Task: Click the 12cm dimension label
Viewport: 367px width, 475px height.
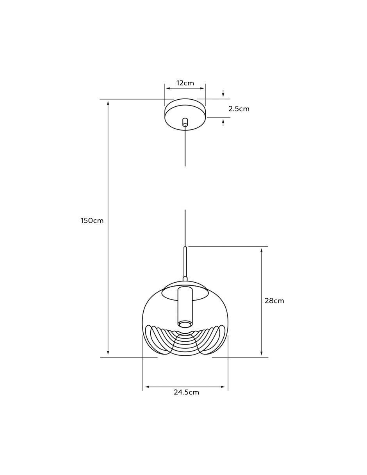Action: click(185, 83)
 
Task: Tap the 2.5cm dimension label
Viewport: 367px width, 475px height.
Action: click(239, 109)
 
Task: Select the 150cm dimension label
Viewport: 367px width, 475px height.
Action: click(92, 221)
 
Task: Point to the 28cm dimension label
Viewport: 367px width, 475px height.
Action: click(274, 301)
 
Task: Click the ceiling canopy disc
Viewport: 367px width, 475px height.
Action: click(185, 115)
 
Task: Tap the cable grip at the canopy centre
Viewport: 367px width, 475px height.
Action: click(185, 122)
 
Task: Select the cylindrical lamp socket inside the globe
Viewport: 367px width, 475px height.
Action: click(185, 310)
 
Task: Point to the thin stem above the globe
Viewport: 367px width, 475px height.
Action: click(185, 263)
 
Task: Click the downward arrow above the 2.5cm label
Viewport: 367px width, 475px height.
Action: click(223, 93)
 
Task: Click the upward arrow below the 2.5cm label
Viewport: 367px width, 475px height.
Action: click(223, 123)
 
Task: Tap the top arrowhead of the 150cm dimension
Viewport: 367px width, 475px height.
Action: click(108, 103)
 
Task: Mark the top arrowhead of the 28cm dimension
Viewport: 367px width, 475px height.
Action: click(262, 250)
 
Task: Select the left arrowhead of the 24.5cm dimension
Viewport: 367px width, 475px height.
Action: click(147, 387)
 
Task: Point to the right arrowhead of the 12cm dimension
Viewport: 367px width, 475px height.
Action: click(202, 88)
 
